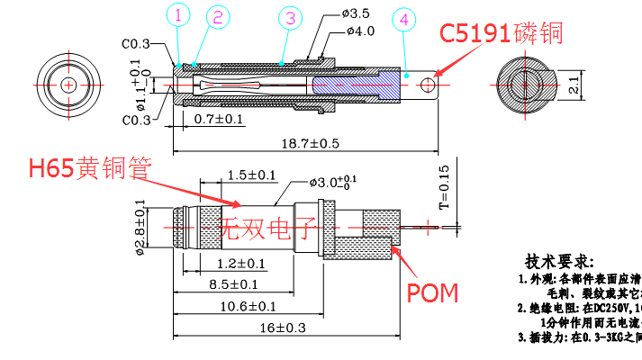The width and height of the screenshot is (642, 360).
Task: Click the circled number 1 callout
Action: pos(178,15)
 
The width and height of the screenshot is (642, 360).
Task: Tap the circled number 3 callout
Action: pos(288,18)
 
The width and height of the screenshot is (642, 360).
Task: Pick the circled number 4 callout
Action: pos(406,19)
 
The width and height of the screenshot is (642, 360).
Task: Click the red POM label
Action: pos(433,292)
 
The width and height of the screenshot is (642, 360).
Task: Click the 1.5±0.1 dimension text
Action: pos(227,175)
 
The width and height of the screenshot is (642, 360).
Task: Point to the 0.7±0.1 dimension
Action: pos(219,119)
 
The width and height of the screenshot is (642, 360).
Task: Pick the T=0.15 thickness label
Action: pos(443,187)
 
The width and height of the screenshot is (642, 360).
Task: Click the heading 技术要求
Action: pos(561,261)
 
